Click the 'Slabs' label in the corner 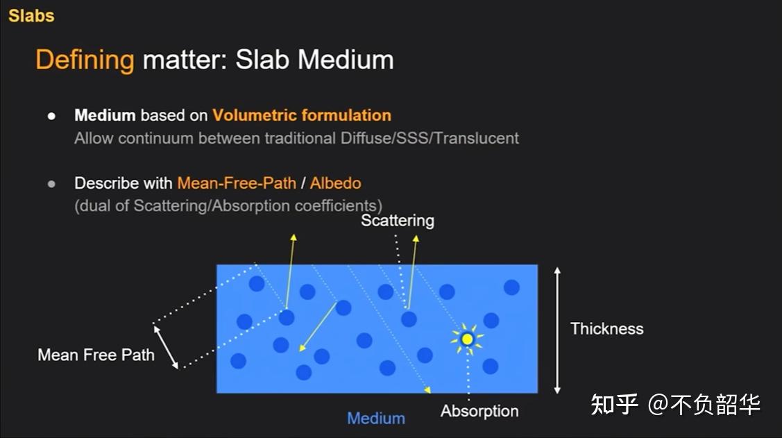(31, 15)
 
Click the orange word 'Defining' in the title (85, 60)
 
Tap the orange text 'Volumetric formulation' (302, 115)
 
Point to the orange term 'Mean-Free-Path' (237, 183)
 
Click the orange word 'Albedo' (335, 183)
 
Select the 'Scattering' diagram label (398, 221)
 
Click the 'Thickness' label (606, 328)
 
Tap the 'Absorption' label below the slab (479, 411)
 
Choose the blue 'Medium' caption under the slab (376, 418)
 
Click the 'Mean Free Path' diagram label (96, 355)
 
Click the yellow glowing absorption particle (467, 339)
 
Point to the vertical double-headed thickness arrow (557, 330)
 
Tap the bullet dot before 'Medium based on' (51, 116)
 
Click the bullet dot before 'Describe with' (51, 184)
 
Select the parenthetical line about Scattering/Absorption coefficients (228, 205)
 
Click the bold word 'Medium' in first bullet (105, 115)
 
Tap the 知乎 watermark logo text (614, 404)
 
